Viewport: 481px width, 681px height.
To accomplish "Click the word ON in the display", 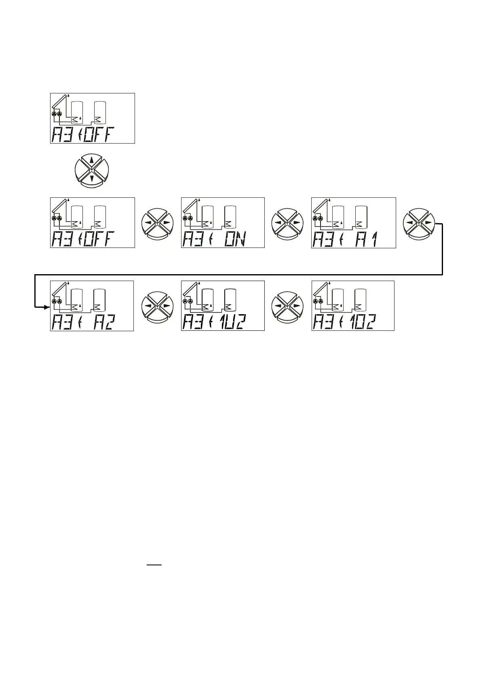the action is click(234, 239).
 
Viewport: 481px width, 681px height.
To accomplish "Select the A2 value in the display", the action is click(104, 322).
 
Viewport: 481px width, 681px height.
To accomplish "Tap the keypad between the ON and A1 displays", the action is click(287, 223).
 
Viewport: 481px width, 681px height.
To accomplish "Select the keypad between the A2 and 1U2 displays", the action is click(157, 306).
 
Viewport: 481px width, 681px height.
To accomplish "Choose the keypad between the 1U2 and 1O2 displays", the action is click(287, 306).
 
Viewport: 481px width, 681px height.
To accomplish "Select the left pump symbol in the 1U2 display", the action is click(185, 302).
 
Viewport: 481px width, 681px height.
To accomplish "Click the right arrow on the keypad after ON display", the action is click(297, 223).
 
